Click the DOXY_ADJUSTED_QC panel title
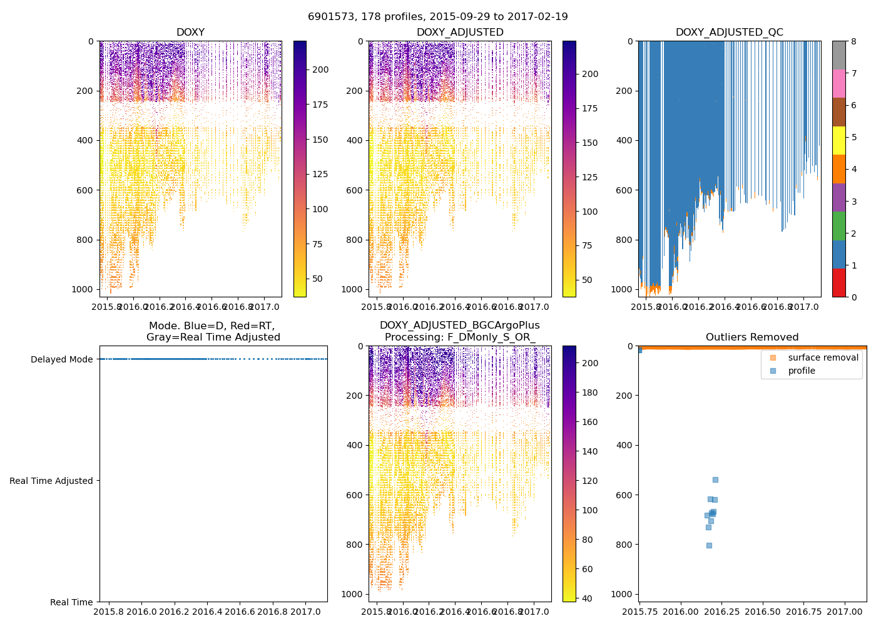tap(729, 33)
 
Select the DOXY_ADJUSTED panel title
tap(460, 33)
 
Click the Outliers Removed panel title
tap(752, 337)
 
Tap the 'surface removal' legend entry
tap(823, 357)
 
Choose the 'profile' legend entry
tap(802, 371)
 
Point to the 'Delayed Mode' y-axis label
tap(61, 359)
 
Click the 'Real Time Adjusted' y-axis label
tap(51, 481)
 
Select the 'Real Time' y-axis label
tap(71, 602)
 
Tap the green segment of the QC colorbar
tap(838, 225)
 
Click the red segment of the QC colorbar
tap(838, 282)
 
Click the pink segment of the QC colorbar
tap(838, 83)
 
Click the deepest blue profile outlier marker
tap(709, 545)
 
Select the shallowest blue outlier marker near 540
tap(715, 480)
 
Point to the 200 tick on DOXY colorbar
tap(320, 69)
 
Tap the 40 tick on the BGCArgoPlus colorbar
tap(588, 598)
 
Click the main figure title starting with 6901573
tap(438, 17)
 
